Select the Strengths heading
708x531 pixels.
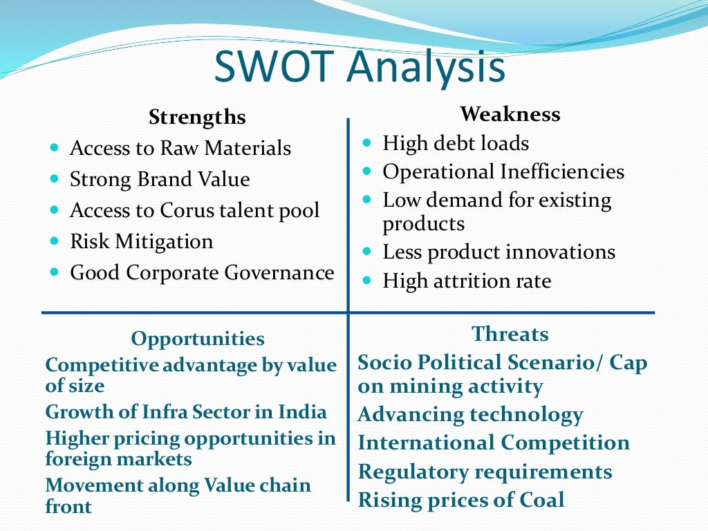197,118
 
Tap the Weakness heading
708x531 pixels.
510,113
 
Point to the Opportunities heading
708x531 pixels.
198,339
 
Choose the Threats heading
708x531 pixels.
510,334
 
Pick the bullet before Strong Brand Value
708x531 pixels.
55,178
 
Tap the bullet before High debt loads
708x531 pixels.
368,142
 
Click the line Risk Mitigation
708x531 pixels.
142,241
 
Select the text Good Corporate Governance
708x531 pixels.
202,272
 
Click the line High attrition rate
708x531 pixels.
467,281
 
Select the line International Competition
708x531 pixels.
494,442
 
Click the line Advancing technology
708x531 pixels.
470,415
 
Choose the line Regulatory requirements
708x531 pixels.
485,472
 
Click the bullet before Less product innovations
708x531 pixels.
368,251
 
